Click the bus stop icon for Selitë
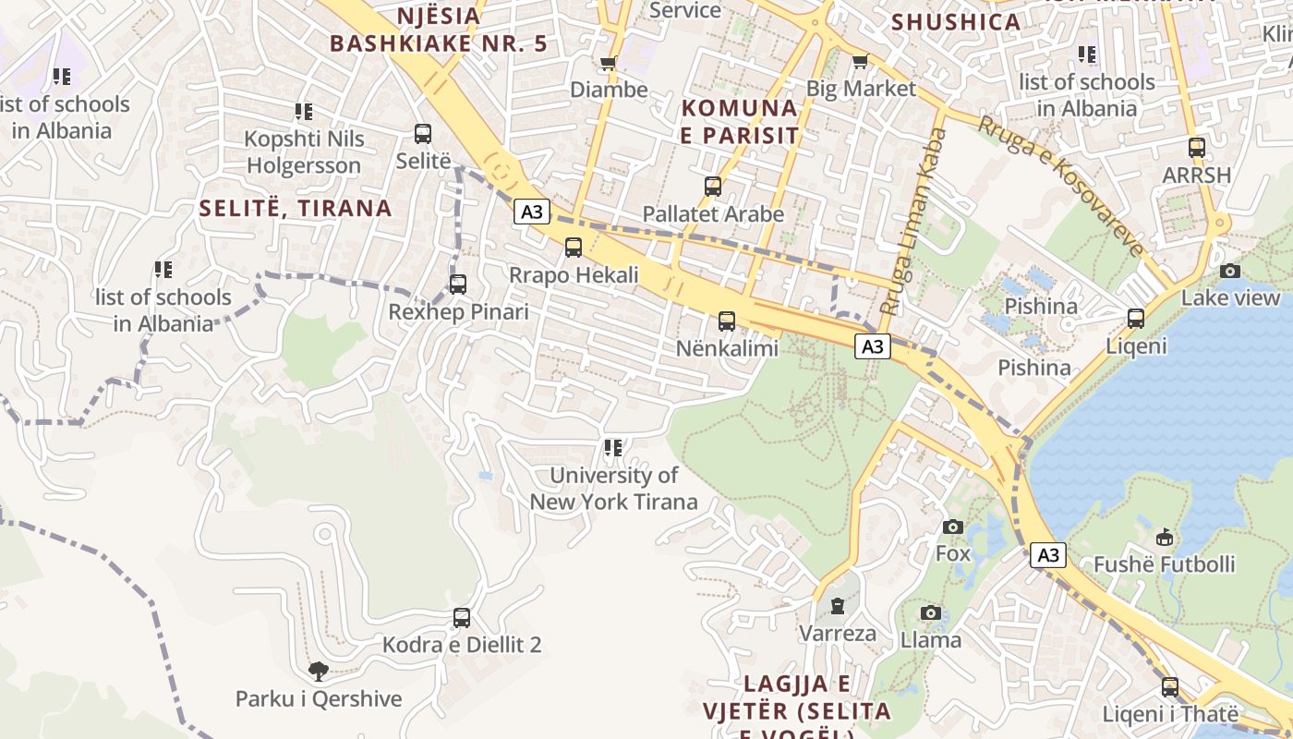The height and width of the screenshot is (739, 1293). (423, 134)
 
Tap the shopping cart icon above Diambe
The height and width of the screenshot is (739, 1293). (608, 63)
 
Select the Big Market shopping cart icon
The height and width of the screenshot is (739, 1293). (860, 62)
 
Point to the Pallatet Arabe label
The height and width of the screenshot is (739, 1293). (713, 214)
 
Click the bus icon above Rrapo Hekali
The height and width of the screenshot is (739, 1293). (574, 248)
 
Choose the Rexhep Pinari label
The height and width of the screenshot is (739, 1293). (458, 312)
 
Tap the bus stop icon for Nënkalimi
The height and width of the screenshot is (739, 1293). (727, 321)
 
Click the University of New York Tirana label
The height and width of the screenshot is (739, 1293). (613, 489)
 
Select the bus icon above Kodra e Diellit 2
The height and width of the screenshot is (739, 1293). (462, 618)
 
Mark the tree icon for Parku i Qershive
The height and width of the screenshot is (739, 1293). (319, 672)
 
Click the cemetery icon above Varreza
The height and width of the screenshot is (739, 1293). (837, 606)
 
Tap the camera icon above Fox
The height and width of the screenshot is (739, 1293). (953, 527)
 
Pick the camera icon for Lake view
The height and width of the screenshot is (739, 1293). (1230, 271)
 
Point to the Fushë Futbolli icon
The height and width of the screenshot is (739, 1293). (1165, 537)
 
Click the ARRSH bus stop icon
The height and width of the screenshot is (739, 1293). (1197, 147)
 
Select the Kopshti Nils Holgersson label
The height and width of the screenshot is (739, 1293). (303, 152)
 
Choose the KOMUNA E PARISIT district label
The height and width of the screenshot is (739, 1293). (740, 121)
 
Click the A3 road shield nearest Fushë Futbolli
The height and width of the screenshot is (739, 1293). (1048, 555)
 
